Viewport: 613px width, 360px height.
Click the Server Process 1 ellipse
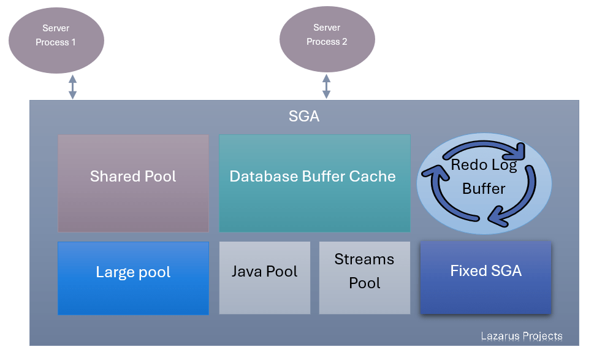tap(56, 40)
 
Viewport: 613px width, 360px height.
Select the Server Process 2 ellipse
tap(327, 40)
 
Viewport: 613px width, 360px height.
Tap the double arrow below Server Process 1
tap(72, 86)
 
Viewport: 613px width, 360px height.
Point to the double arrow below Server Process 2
tap(326, 86)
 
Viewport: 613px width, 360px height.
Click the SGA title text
tap(304, 117)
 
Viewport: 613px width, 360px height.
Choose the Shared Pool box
tap(133, 183)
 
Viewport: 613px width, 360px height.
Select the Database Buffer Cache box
tap(314, 183)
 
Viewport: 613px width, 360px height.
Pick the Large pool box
tap(133, 278)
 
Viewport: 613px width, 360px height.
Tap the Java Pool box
tap(264, 278)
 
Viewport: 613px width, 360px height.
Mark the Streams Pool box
tap(365, 278)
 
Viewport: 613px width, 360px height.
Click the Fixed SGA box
tap(485, 277)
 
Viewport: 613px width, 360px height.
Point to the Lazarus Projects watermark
tap(521, 336)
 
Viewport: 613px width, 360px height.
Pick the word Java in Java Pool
tap(246, 272)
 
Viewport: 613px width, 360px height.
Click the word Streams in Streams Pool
tap(364, 259)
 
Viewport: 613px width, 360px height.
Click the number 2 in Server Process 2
tap(344, 42)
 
